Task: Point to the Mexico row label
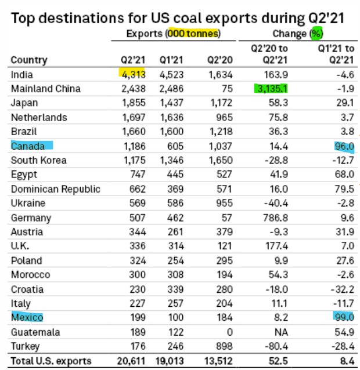click(27, 317)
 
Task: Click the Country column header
click(28, 60)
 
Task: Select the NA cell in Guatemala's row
click(280, 332)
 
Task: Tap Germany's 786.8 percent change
click(275, 217)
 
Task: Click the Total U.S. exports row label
click(51, 361)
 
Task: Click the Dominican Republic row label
click(56, 189)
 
